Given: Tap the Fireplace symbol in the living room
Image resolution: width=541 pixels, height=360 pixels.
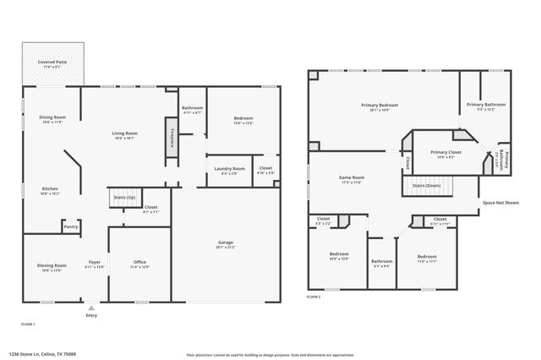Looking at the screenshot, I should point(172,138).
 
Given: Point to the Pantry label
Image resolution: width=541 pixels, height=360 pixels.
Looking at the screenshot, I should point(71,226).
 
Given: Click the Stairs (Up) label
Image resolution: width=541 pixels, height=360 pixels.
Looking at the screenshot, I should point(124,197).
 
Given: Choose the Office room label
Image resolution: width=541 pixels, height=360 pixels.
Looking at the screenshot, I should point(139,264).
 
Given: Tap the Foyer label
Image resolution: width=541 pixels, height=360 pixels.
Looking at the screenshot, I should point(95,264).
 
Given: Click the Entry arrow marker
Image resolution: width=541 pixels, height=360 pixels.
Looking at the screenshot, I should point(91,308).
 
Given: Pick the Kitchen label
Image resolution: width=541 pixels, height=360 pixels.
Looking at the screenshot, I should point(50,190).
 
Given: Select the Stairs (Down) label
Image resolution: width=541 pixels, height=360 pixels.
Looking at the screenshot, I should point(426,185).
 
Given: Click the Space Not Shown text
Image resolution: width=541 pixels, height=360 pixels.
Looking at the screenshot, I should point(500,204).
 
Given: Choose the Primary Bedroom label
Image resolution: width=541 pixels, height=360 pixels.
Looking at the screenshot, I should point(380,106).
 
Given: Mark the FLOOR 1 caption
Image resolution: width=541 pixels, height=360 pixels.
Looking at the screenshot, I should point(28,324).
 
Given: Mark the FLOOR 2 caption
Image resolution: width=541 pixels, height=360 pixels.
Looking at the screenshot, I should point(314,297).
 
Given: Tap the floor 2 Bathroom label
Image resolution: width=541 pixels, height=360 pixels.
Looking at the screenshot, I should point(382,262).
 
